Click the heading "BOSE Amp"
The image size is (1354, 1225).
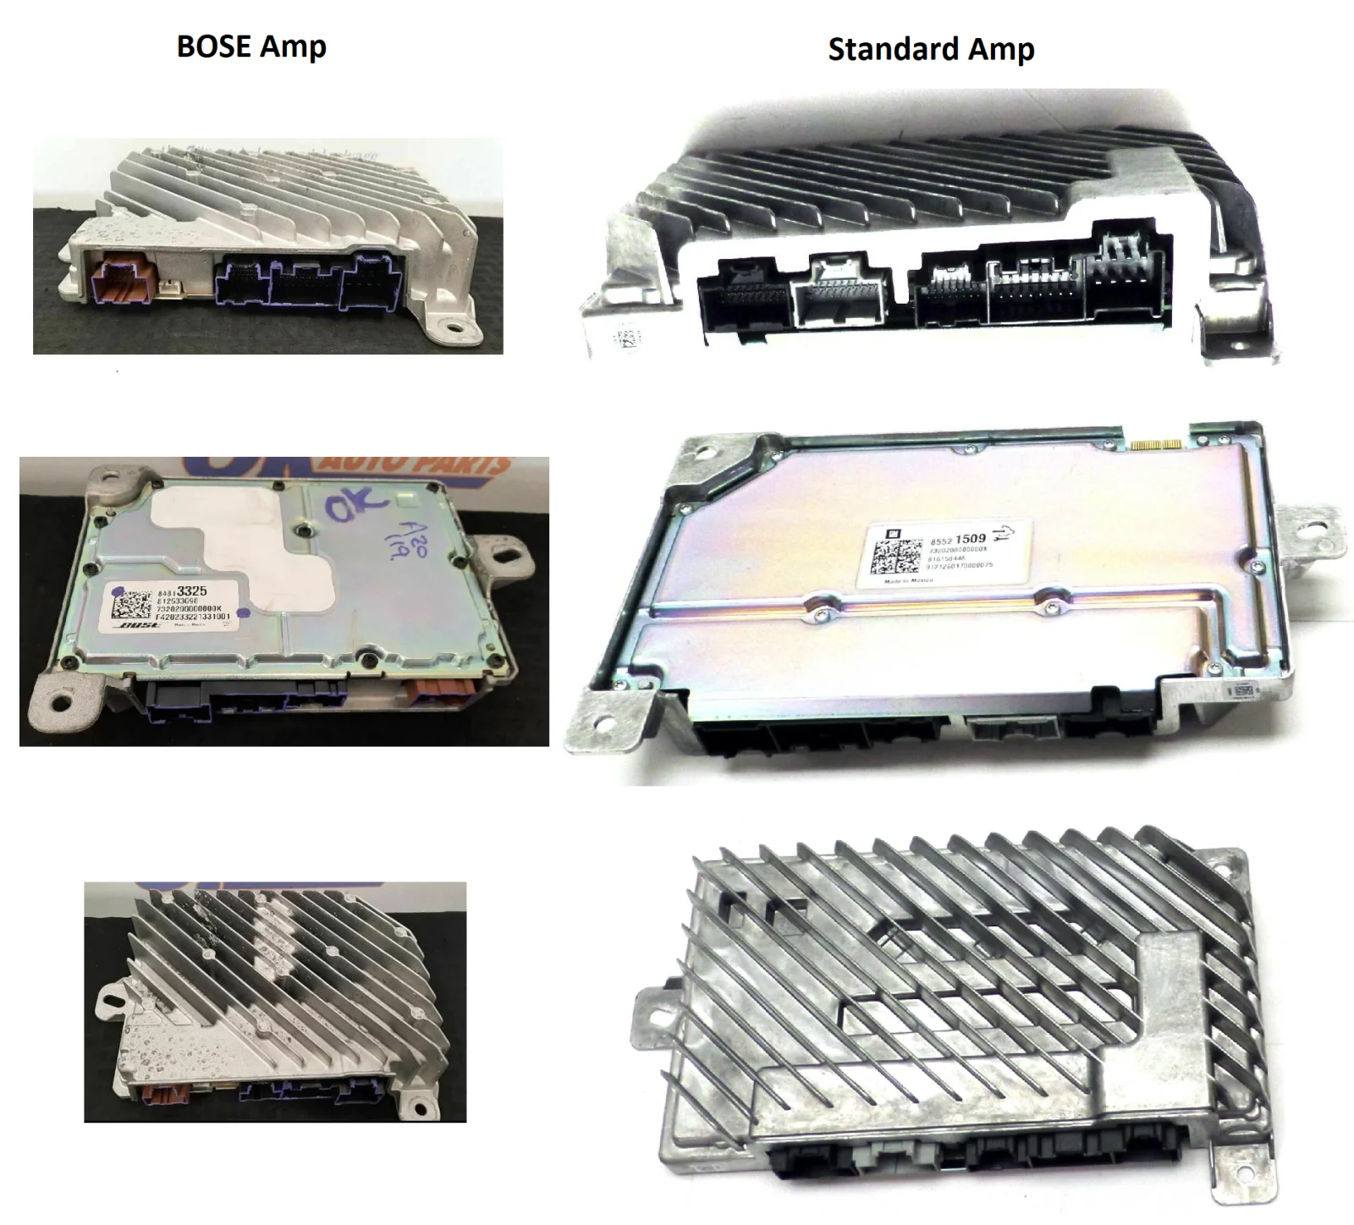click(251, 47)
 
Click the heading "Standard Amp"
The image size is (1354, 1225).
click(930, 50)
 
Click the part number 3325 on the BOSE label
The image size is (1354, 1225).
click(190, 591)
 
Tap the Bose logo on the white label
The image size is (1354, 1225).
click(136, 626)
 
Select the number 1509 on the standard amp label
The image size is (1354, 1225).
click(969, 538)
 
